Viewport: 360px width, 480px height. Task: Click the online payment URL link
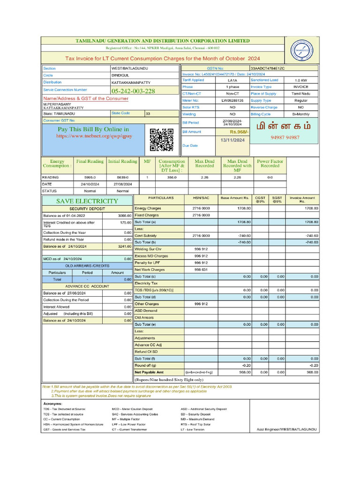click(x=94, y=136)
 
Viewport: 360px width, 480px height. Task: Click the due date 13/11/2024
click(x=232, y=140)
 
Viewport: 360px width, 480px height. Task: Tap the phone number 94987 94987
click(x=285, y=138)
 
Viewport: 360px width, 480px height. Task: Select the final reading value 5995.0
click(x=90, y=178)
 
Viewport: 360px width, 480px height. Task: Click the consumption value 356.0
click(x=172, y=178)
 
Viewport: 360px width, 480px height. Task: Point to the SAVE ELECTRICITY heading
click(x=87, y=201)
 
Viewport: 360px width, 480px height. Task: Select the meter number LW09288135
click(x=232, y=100)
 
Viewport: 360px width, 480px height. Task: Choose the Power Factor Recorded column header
click(x=270, y=164)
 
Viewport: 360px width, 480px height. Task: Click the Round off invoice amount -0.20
click(x=313, y=365)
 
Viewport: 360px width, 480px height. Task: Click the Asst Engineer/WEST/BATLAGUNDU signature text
click(x=286, y=429)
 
